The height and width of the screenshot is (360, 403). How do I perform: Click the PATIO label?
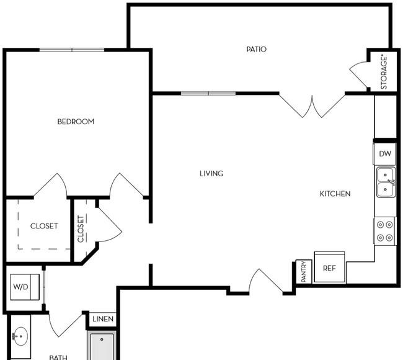click(x=256, y=49)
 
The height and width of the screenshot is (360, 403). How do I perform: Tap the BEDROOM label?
click(x=76, y=122)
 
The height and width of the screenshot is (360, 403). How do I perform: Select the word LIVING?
click(x=211, y=173)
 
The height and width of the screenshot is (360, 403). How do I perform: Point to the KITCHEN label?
click(x=335, y=194)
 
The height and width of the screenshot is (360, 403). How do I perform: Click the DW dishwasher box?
click(x=384, y=154)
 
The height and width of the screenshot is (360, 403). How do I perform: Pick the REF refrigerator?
click(x=329, y=268)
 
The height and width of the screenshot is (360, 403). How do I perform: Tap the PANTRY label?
click(x=304, y=271)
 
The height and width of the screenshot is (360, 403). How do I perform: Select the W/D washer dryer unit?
click(x=25, y=287)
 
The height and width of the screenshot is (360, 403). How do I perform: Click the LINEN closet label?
click(x=103, y=319)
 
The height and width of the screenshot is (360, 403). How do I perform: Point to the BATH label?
click(x=58, y=357)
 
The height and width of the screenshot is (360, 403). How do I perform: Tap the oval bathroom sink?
click(x=20, y=336)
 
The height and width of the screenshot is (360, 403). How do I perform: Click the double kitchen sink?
click(x=386, y=182)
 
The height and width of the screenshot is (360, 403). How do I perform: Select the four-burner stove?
click(x=384, y=231)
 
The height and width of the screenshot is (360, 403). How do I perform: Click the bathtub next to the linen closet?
click(x=102, y=346)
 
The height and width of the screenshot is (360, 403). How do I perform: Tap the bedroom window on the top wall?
click(x=72, y=50)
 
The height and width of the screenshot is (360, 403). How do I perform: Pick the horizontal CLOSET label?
click(x=44, y=226)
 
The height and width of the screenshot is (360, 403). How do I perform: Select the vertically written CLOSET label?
click(x=81, y=229)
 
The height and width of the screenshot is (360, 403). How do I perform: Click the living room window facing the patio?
click(x=208, y=93)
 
